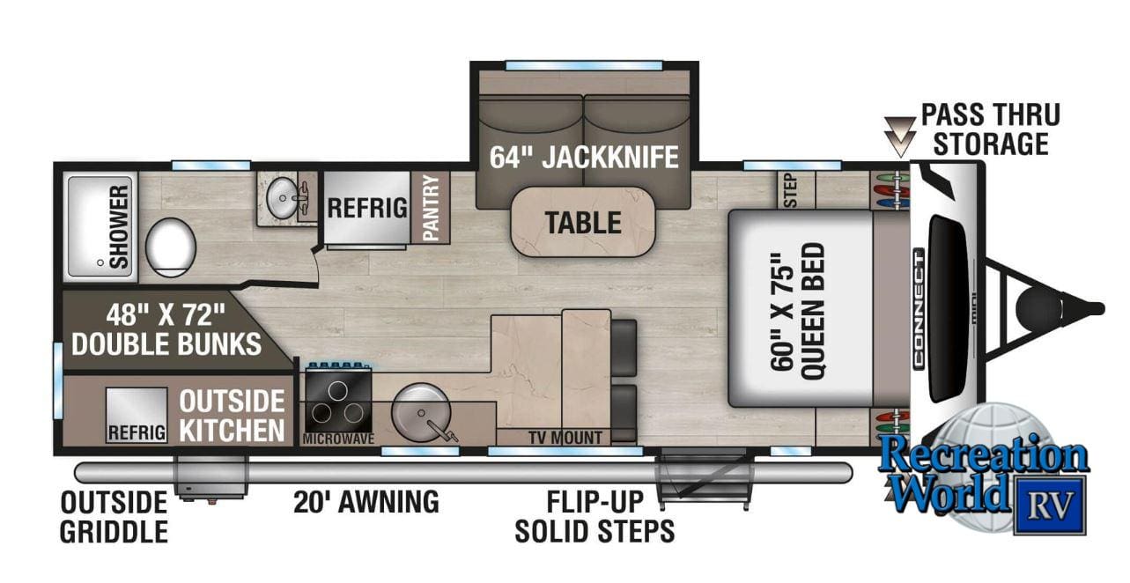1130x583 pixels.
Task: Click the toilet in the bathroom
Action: click(170, 241)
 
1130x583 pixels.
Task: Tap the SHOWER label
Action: click(119, 226)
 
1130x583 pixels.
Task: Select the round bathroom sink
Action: click(284, 203)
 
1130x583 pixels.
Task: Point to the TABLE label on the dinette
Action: click(582, 222)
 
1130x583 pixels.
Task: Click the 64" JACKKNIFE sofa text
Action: click(585, 157)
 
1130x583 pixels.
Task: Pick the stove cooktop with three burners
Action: click(337, 401)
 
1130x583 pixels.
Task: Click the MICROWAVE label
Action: click(337, 438)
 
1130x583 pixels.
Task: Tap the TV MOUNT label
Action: click(565, 438)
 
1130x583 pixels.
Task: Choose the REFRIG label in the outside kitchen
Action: click(137, 433)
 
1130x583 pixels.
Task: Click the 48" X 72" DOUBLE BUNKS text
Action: click(166, 328)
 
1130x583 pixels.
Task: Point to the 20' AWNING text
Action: click(366, 502)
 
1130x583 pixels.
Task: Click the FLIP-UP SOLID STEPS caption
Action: click(595, 516)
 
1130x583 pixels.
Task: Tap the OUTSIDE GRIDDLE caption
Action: click(114, 516)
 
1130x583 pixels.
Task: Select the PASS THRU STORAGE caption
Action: click(990, 129)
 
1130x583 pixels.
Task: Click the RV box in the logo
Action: click(1048, 505)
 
